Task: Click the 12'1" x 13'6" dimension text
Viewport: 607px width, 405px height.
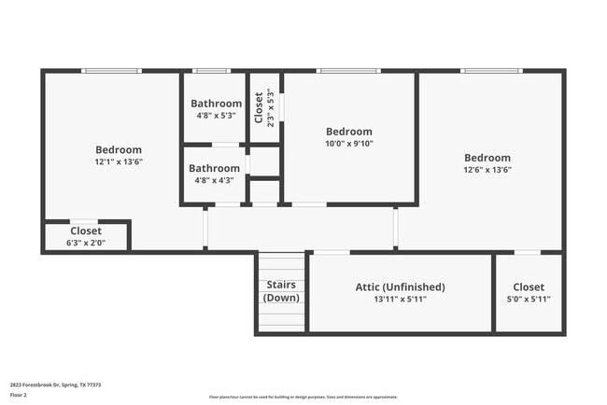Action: [x=119, y=161]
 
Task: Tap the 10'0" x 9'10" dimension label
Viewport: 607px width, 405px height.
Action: [x=348, y=144]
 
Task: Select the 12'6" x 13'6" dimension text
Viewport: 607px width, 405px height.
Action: [x=487, y=170]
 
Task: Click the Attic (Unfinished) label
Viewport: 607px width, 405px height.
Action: [x=400, y=286]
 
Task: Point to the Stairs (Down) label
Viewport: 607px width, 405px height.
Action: [x=281, y=291]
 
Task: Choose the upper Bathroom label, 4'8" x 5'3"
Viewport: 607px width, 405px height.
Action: [x=216, y=104]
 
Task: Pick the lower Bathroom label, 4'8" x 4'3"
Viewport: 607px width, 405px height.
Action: [x=215, y=169]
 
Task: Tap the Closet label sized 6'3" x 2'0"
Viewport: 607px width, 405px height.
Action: [x=86, y=230]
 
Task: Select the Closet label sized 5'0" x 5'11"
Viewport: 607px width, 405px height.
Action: [x=529, y=286]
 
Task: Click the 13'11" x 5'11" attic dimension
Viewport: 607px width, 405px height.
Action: [x=400, y=300]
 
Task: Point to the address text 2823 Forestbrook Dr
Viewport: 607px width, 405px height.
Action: [x=55, y=384]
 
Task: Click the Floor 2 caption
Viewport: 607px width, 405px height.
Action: [x=19, y=396]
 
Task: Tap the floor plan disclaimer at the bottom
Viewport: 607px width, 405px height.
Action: [x=303, y=397]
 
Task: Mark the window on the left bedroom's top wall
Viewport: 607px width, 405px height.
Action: [x=111, y=71]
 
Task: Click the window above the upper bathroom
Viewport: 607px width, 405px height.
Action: [x=211, y=71]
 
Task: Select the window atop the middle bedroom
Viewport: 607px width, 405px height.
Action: [x=348, y=71]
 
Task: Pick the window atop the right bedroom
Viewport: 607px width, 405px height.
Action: [x=491, y=71]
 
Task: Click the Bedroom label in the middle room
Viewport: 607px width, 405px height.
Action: [x=348, y=132]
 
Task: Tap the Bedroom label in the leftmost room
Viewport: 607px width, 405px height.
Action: [x=119, y=149]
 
